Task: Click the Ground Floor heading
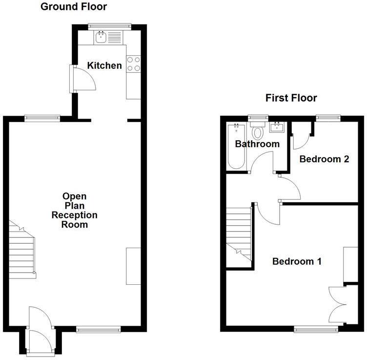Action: [74, 7]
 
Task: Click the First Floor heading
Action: [291, 98]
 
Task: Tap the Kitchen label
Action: [104, 65]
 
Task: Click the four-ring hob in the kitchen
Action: [133, 64]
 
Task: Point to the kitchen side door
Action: [83, 79]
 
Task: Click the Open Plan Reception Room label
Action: [75, 211]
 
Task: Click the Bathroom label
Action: [257, 144]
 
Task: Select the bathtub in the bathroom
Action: [236, 147]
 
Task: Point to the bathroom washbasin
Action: [276, 128]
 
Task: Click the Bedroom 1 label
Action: [297, 261]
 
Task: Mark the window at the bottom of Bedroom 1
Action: [316, 330]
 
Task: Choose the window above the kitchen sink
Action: [110, 25]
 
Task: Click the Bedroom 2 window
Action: [327, 117]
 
